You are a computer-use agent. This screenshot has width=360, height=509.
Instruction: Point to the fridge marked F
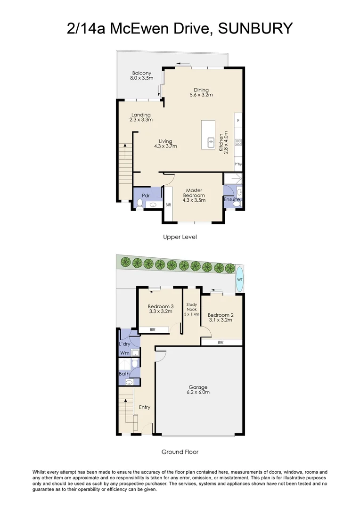[x=238, y=121]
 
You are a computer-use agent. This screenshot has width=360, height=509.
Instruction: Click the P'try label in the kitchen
[x=238, y=164]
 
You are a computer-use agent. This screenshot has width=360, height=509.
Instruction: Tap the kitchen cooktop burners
[x=238, y=142]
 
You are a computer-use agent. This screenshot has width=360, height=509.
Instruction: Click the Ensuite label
[x=232, y=199]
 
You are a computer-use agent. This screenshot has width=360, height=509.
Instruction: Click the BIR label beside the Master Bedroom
[x=168, y=205]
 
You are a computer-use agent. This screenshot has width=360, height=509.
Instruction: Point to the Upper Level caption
[x=180, y=237]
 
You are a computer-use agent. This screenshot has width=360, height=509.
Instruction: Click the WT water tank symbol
[x=239, y=279]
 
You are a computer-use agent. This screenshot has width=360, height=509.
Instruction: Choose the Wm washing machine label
[x=125, y=353]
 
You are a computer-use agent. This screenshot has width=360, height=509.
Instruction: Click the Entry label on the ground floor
[x=145, y=407]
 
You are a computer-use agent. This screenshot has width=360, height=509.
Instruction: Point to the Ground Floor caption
[x=180, y=452]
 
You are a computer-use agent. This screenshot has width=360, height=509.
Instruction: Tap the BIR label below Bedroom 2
[x=221, y=343]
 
